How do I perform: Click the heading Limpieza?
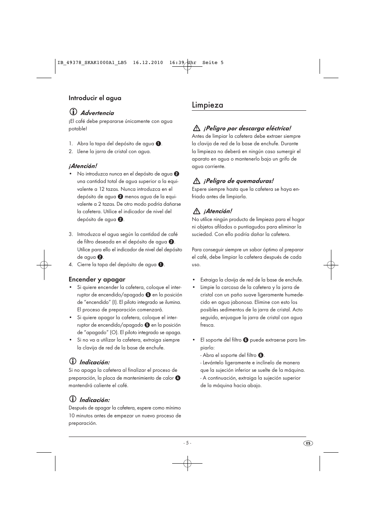click(208, 105)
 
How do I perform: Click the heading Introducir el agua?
click(95, 98)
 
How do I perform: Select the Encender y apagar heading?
click(97, 280)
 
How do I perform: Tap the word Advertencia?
click(97, 113)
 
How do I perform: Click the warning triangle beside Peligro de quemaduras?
click(196, 181)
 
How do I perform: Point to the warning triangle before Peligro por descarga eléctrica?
click(196, 128)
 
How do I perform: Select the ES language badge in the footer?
click(308, 443)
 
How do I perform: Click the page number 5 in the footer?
click(187, 443)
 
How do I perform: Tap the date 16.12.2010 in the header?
click(148, 62)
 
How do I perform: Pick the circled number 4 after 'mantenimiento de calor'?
click(178, 378)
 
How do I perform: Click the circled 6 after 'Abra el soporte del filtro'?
click(261, 355)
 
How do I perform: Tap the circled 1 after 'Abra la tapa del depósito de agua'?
click(158, 144)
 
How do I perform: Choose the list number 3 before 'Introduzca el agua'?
click(71, 234)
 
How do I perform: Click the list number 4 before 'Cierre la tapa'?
click(71, 265)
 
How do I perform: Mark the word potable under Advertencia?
click(77, 129)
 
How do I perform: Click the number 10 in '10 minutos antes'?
click(72, 416)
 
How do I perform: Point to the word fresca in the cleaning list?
click(207, 325)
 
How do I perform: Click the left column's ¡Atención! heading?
click(83, 166)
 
